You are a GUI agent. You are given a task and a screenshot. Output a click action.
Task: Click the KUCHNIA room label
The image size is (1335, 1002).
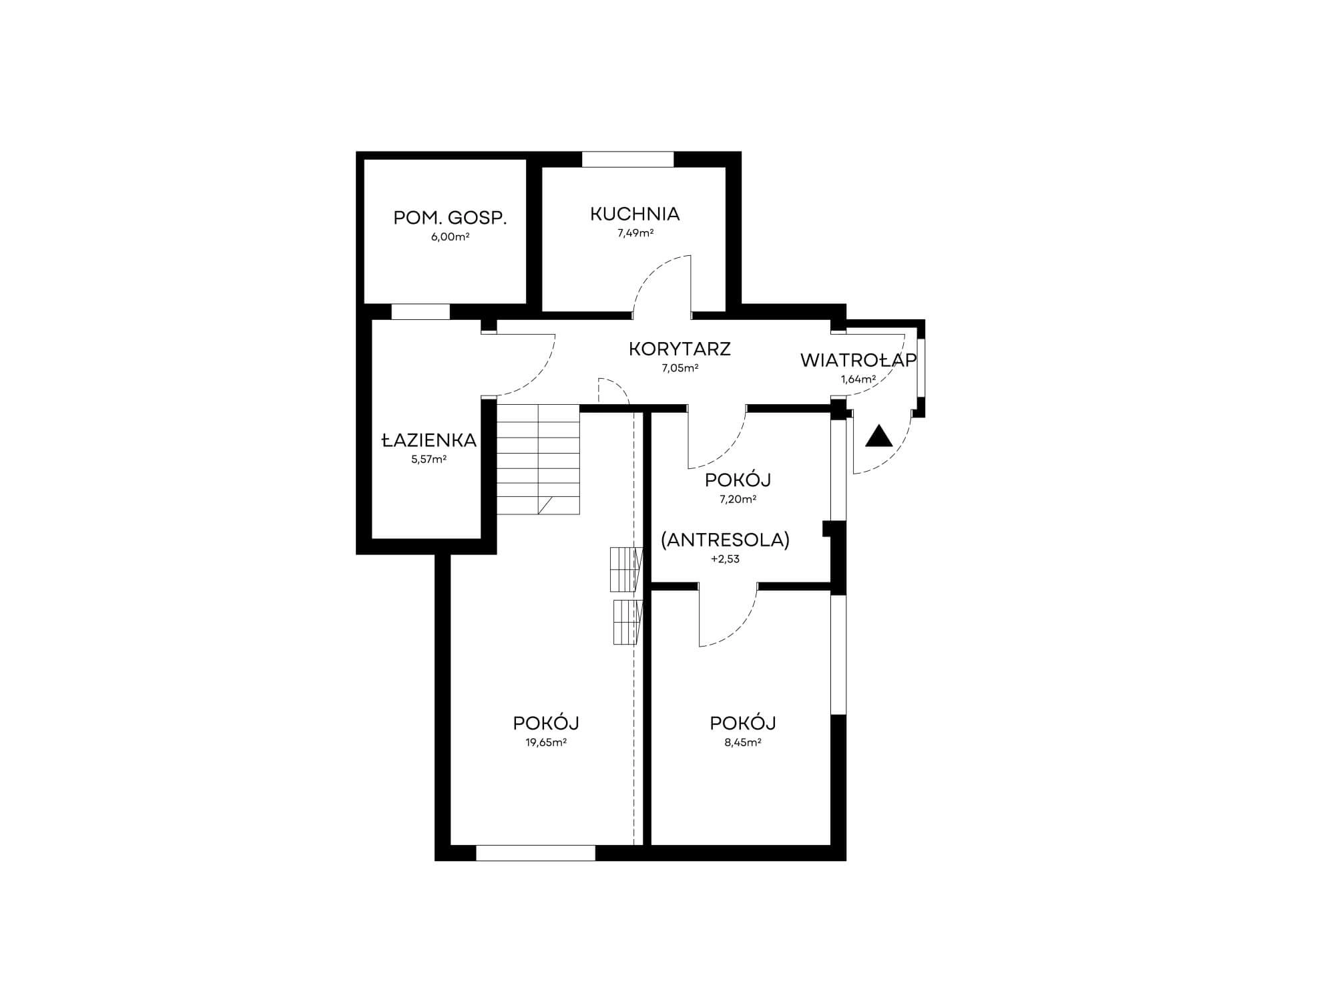coord(635,214)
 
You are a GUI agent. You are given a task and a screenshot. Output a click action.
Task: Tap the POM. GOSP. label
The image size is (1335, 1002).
coord(450,218)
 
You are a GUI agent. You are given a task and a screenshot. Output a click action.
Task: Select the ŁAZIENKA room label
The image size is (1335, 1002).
coord(429,440)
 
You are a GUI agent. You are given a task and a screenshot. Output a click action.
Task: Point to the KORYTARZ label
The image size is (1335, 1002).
coord(680,349)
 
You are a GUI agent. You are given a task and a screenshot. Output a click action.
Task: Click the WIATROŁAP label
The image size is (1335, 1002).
coord(858,361)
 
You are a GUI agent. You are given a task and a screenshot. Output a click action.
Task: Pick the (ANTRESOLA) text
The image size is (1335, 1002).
coord(725,540)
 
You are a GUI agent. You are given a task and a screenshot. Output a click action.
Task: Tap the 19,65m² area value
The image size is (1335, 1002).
coord(546,742)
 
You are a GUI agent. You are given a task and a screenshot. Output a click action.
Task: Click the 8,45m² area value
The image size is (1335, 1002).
coord(743,742)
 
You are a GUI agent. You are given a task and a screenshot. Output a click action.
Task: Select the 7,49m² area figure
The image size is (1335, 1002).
coord(635,233)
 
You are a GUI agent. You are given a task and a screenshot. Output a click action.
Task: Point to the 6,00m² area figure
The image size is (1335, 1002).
coord(450,237)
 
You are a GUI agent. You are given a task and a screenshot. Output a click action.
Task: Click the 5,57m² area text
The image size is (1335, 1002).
coord(429,459)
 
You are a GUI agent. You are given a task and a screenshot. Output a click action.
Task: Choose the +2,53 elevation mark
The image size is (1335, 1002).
coord(725,559)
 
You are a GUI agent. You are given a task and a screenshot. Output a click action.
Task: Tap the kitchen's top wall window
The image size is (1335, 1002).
coord(627,160)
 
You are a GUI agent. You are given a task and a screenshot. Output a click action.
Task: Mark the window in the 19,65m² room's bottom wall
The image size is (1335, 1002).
coord(535,853)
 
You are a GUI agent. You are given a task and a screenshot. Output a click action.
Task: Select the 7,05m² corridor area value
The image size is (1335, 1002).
coord(680,367)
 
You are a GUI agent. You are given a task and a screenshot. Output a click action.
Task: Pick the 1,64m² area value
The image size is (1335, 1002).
coord(858,379)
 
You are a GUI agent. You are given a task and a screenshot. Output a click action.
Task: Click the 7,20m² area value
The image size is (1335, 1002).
coord(738,499)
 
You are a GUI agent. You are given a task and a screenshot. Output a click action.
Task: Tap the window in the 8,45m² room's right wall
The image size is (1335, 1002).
coord(838,654)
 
